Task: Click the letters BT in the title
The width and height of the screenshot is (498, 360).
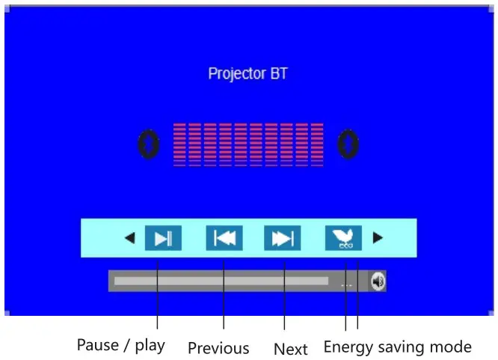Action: pyautogui.click(x=278, y=73)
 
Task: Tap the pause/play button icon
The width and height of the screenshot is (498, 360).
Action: pyautogui.click(x=162, y=238)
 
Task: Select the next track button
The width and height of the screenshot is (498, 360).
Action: pyautogui.click(x=282, y=238)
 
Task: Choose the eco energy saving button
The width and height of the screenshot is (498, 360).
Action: pyautogui.click(x=343, y=238)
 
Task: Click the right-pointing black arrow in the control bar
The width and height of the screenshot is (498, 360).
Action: pyautogui.click(x=378, y=238)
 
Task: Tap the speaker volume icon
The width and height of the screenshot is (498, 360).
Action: pyautogui.click(x=378, y=281)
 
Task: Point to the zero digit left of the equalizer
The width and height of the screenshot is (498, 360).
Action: pyautogui.click(x=150, y=144)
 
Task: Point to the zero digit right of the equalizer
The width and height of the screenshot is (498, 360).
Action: pyautogui.click(x=348, y=144)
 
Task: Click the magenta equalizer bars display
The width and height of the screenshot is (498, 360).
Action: pyautogui.click(x=248, y=144)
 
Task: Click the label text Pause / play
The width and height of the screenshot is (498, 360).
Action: pyautogui.click(x=120, y=346)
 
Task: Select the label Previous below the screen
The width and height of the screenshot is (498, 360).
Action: pyautogui.click(x=218, y=348)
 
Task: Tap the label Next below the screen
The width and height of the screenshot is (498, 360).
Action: pyautogui.click(x=290, y=349)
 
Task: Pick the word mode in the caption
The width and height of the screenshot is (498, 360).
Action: pyautogui.click(x=453, y=347)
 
